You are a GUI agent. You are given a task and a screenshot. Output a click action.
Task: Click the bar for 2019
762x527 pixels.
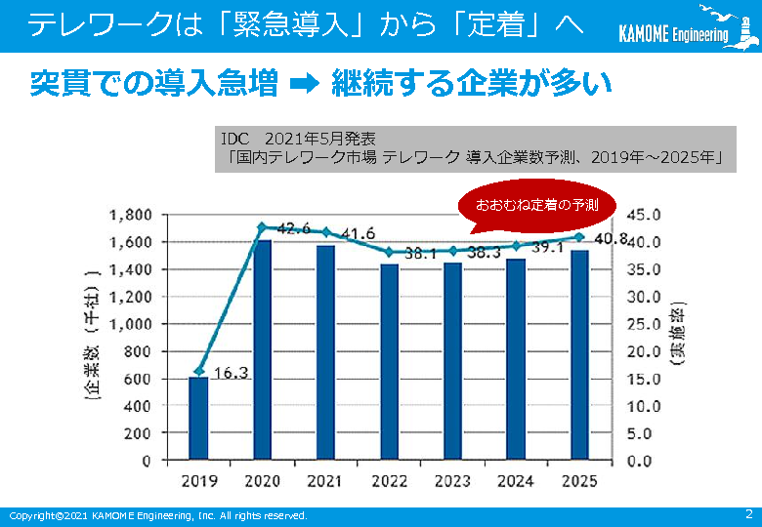click(x=198, y=418)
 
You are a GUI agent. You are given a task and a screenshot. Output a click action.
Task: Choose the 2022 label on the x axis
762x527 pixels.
click(x=389, y=481)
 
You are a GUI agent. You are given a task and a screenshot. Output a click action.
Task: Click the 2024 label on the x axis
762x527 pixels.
click(x=516, y=481)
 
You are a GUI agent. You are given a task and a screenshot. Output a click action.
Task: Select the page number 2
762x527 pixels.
click(x=748, y=513)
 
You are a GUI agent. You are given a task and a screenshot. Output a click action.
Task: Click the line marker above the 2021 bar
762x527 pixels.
click(x=325, y=232)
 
